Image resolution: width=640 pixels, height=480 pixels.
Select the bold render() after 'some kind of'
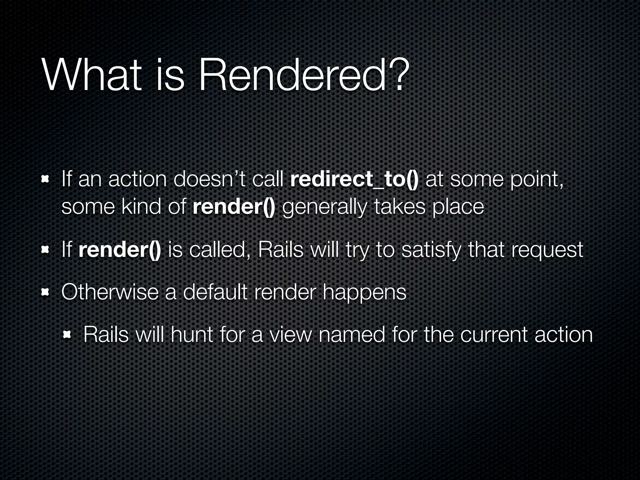234,207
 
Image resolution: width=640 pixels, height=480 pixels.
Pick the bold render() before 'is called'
120,250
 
